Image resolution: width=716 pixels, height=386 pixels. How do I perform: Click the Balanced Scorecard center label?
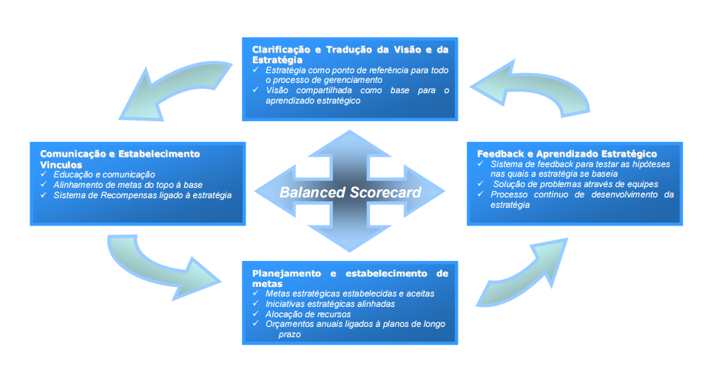pos(350,193)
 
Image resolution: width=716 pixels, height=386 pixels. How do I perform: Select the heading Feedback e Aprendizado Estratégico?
pos(567,154)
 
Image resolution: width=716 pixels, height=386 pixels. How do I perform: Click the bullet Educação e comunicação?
pos(104,174)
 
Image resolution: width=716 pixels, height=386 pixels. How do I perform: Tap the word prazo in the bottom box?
pos(290,334)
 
